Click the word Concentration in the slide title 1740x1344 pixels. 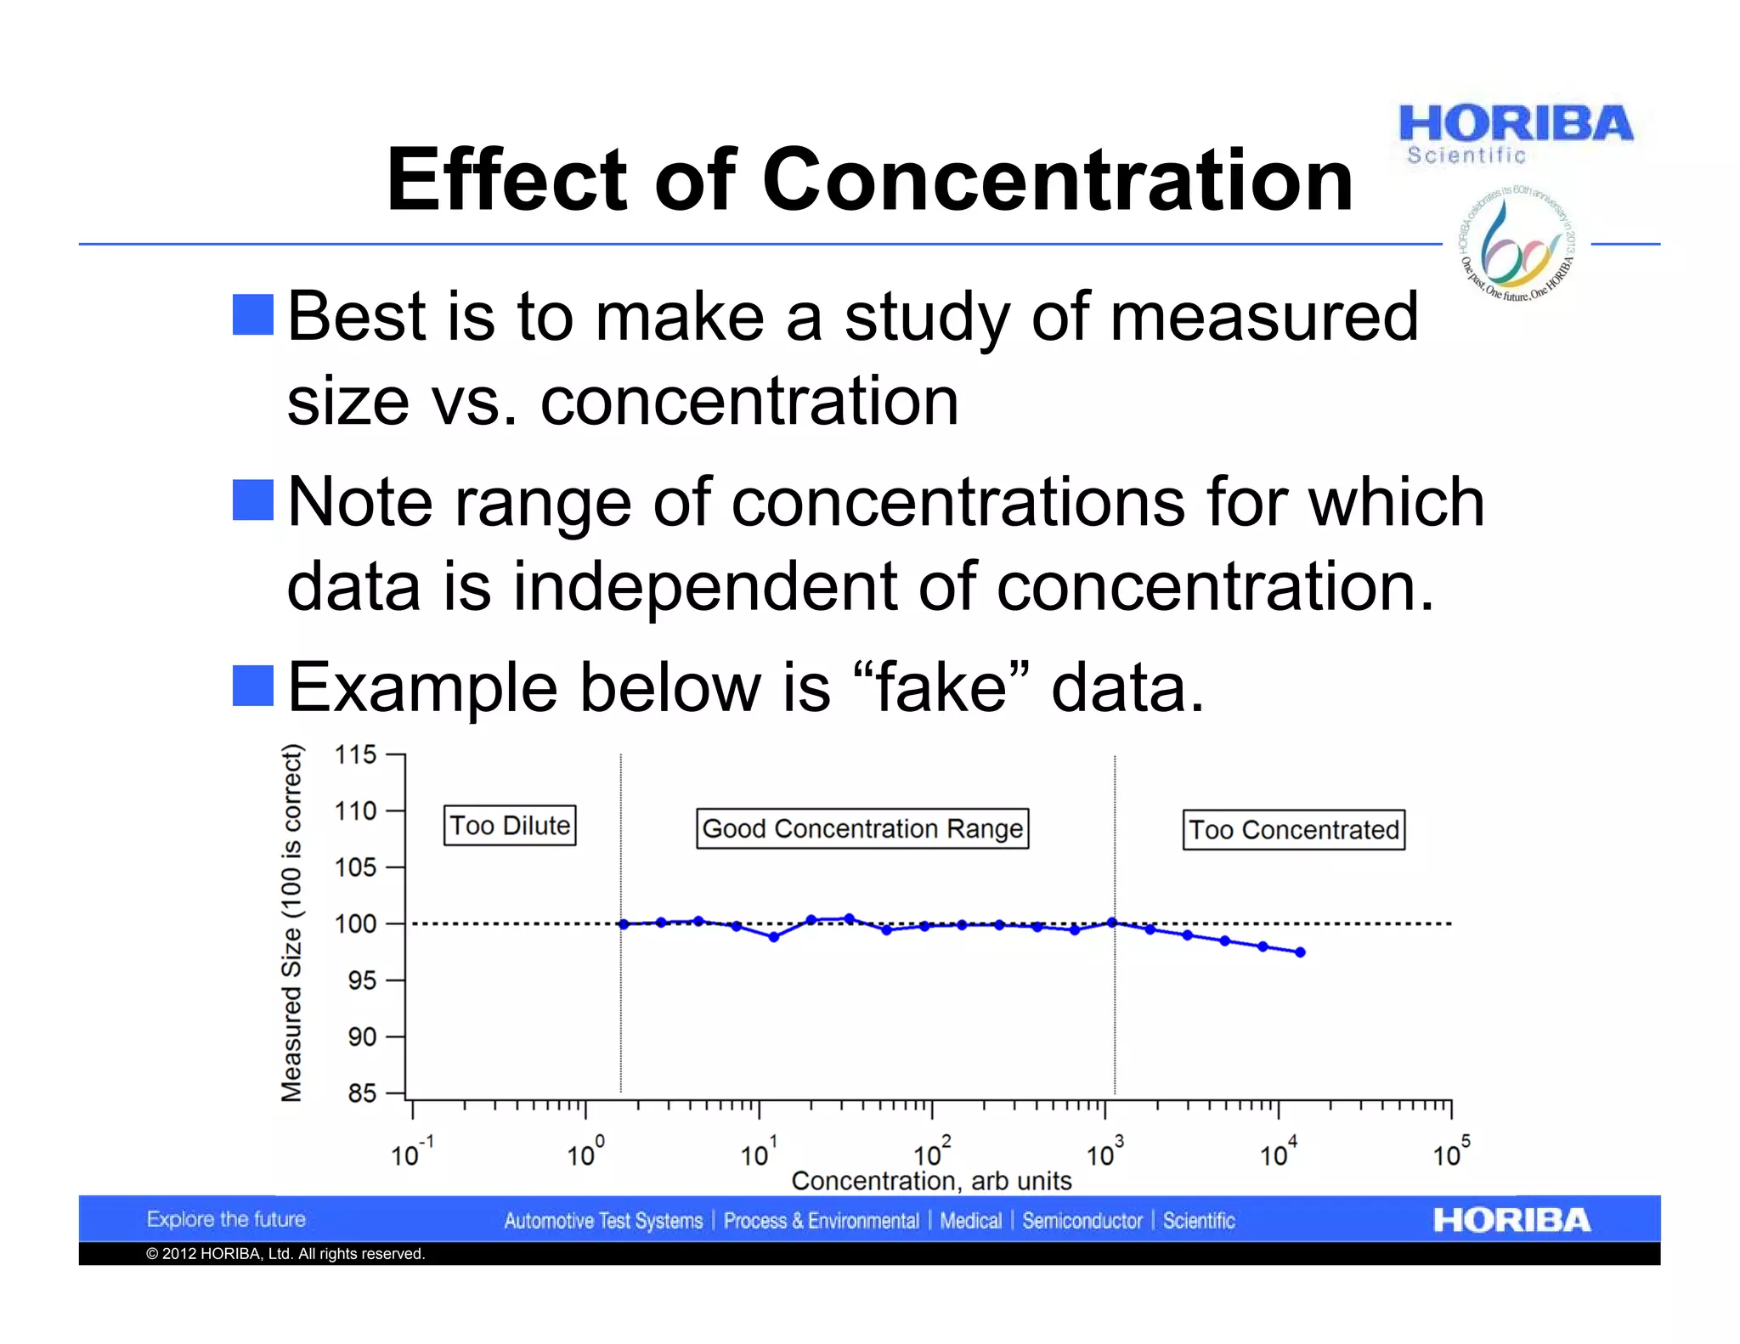1057,179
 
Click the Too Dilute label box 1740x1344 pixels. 510,826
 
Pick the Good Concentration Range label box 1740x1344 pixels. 862,828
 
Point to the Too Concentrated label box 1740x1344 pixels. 1293,830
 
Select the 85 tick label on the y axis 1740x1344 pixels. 361,1093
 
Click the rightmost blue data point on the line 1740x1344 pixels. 1300,952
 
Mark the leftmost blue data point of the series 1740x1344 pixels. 624,924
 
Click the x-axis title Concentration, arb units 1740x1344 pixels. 931,1181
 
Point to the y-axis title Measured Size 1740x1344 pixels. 291,923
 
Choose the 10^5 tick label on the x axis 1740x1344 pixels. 1450,1153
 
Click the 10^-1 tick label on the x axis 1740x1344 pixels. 411,1153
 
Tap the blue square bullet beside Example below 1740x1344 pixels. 253,686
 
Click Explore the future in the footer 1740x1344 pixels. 226,1219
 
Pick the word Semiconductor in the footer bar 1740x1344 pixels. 1082,1221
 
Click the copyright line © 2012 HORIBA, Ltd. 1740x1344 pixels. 285,1254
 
